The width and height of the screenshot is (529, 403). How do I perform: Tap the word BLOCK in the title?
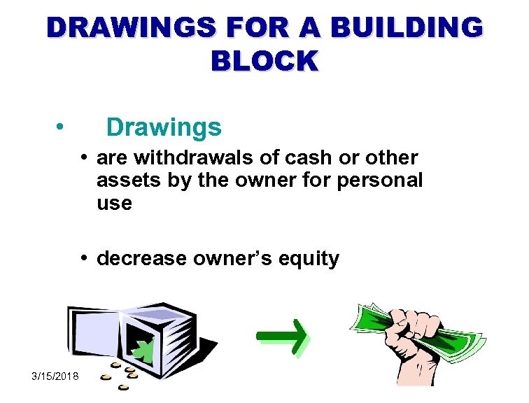(x=264, y=62)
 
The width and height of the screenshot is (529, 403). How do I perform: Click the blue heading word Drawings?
(x=164, y=127)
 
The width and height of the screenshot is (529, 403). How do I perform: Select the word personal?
(x=380, y=181)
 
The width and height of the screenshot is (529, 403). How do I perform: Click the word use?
(x=114, y=203)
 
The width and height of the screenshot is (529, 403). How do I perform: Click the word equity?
(x=309, y=259)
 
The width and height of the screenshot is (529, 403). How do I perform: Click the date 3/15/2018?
(x=55, y=377)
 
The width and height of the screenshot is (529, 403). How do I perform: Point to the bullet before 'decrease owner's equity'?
(x=83, y=258)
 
